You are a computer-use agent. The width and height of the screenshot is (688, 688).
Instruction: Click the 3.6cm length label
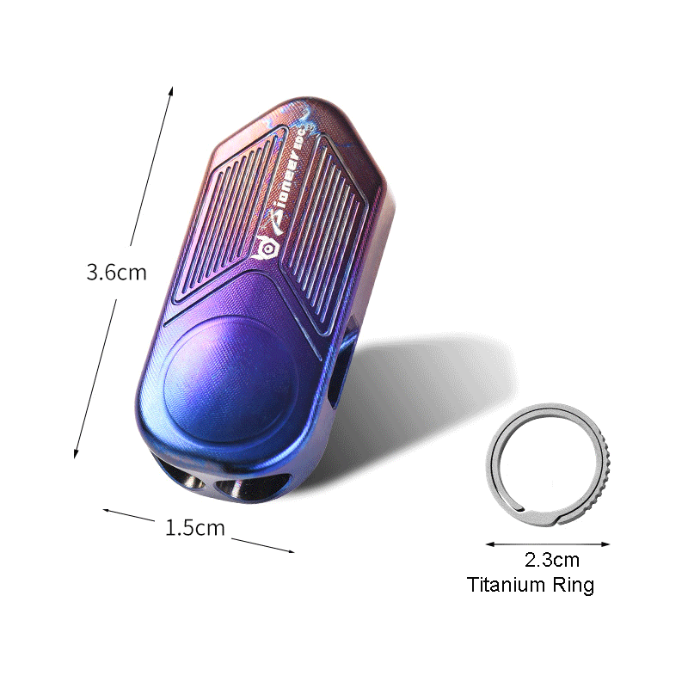point(116,273)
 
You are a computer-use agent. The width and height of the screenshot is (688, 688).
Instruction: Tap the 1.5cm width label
point(194,527)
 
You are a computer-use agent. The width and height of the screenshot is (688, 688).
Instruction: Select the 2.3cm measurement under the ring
point(552,561)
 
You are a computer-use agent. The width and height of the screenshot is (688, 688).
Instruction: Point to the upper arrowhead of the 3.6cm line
point(172,89)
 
